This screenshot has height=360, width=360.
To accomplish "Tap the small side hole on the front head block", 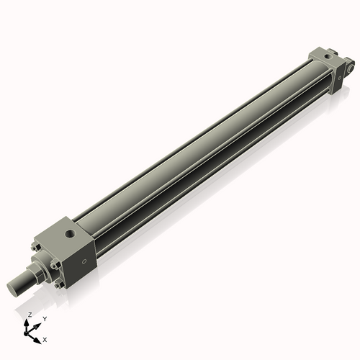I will click(85, 261).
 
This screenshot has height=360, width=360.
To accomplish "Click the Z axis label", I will click(30, 315).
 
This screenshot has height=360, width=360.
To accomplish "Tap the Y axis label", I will click(44, 318).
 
